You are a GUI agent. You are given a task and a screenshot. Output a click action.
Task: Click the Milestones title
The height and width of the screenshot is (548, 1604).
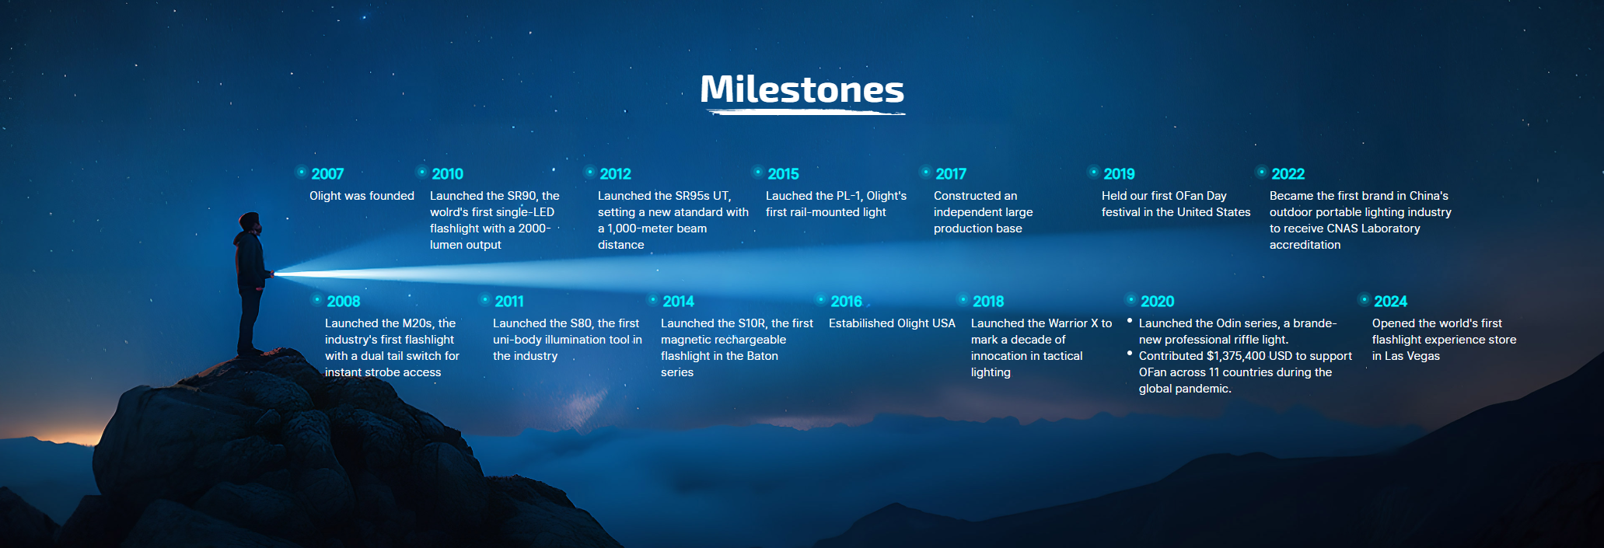(802, 89)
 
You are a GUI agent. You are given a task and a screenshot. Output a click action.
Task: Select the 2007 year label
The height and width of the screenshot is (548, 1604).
(327, 174)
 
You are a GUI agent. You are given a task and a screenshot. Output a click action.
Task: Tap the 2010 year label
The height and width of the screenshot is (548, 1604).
(447, 174)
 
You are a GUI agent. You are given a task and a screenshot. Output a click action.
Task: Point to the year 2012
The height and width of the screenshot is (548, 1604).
(615, 174)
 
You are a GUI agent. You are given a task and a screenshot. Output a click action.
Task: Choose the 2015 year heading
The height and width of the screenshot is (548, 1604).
(783, 174)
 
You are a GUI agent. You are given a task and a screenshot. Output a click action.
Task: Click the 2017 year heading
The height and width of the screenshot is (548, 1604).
(951, 174)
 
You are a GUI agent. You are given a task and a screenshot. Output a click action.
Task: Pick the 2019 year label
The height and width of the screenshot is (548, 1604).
(1119, 174)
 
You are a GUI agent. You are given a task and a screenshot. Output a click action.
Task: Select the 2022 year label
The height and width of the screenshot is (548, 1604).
(1288, 174)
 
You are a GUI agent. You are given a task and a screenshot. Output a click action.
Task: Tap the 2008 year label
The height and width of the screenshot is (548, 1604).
(343, 302)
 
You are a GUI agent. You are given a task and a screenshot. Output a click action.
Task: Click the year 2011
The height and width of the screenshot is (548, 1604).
(509, 302)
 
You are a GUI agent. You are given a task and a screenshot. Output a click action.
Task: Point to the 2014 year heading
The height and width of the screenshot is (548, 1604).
(678, 302)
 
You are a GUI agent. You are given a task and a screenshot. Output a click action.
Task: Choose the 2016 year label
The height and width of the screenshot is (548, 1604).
(846, 302)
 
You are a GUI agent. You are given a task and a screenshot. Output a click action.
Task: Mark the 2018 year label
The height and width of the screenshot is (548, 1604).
(988, 302)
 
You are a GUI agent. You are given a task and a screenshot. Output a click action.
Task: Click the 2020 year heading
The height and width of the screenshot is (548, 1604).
(1157, 302)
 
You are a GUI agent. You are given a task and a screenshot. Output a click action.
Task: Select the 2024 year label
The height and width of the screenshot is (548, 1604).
(1390, 302)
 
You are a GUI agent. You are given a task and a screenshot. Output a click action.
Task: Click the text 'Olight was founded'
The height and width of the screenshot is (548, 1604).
(362, 196)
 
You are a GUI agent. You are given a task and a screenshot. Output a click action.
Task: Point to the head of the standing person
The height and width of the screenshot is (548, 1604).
(250, 222)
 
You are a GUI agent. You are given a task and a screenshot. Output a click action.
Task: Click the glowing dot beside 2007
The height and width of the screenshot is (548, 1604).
(302, 172)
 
